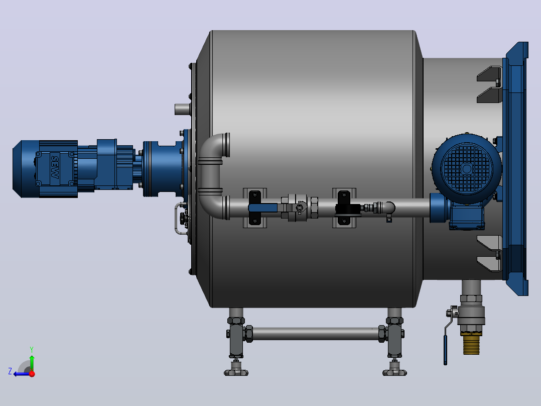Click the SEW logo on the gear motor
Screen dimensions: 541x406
coord(55,167)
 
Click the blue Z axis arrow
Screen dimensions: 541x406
coord(22,374)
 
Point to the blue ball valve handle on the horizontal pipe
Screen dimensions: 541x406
coord(262,208)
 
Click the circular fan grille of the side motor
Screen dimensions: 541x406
coord(467,169)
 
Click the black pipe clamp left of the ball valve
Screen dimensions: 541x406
coord(255,208)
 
